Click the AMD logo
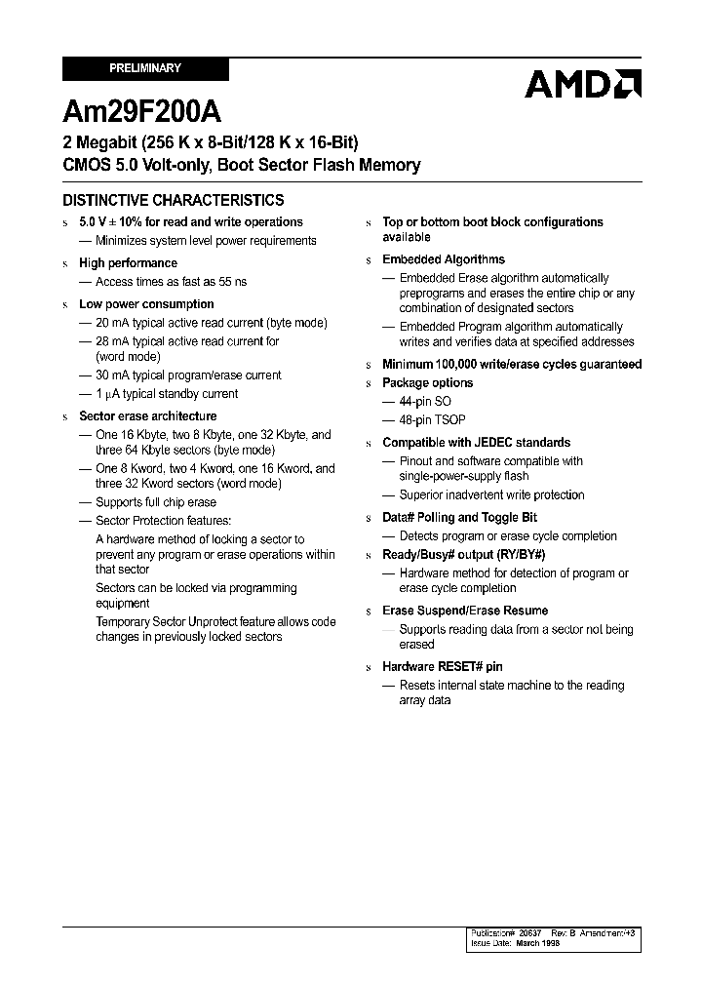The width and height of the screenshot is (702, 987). coord(582,84)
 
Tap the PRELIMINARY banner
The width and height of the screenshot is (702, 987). coord(145,68)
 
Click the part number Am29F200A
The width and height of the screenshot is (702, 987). coord(131,108)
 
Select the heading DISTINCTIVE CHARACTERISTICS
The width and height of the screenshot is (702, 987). coord(174,200)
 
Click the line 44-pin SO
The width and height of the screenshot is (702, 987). coord(425,401)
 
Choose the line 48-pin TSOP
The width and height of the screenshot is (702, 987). coord(432,419)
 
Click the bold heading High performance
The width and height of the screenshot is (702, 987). coord(128,263)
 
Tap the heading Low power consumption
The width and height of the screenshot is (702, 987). coord(146,304)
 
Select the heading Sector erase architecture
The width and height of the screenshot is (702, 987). coord(147,416)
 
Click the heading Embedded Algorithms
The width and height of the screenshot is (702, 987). coord(444,259)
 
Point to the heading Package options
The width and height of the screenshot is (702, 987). coord(427,383)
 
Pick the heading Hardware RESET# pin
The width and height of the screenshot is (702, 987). coord(443,667)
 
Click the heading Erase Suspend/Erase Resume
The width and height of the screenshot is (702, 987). coord(465,611)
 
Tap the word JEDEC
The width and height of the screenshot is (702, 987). coord(494,443)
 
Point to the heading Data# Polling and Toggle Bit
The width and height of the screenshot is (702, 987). coord(459,518)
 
